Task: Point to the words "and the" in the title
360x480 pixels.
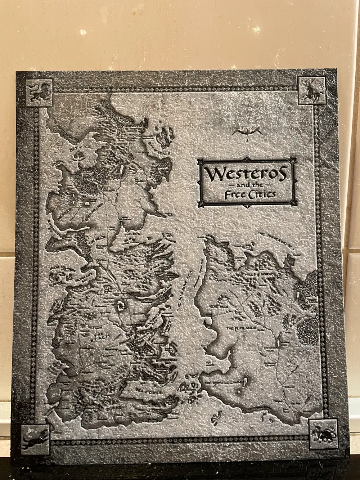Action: point(246,185)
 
